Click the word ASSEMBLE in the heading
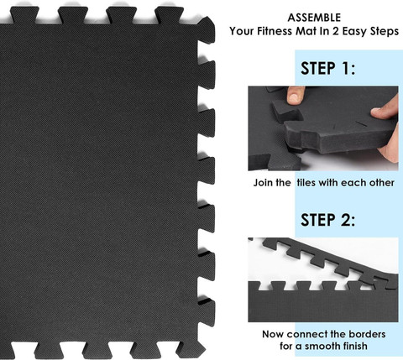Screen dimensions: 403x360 pyautogui.click(x=314, y=18)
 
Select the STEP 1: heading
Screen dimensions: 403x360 pyautogui.click(x=328, y=69)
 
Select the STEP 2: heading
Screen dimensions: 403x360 pyautogui.click(x=328, y=220)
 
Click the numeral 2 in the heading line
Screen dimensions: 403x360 pyautogui.click(x=336, y=31)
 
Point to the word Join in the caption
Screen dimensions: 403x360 pyautogui.click(x=263, y=183)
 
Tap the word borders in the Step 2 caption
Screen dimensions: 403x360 pyautogui.click(x=367, y=334)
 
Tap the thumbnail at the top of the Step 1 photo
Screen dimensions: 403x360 pyautogui.click(x=295, y=96)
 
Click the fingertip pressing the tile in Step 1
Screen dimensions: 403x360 pyautogui.click(x=381, y=112)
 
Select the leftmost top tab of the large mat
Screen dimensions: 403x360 pyautogui.click(x=24, y=15)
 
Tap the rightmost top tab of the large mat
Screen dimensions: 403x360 pyautogui.click(x=169, y=15)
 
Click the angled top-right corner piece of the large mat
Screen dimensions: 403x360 pyautogui.click(x=207, y=29)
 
